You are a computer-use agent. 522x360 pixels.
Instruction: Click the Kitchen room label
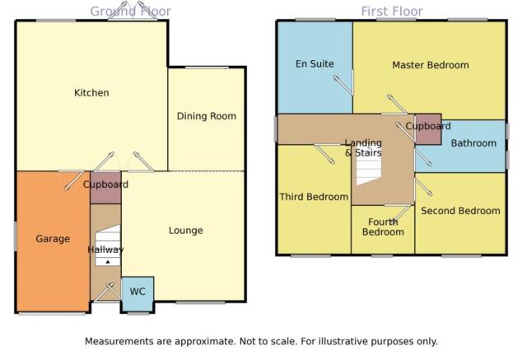click(x=91, y=92)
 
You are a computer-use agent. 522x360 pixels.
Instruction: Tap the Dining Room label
click(x=207, y=116)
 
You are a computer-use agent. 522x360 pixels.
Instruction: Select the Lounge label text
click(x=186, y=231)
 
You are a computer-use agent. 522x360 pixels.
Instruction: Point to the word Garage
click(x=53, y=239)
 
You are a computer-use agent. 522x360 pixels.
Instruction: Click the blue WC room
click(x=137, y=294)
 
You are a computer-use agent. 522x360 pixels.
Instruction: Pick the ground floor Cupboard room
click(x=105, y=188)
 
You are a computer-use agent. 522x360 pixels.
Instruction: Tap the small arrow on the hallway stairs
click(x=108, y=262)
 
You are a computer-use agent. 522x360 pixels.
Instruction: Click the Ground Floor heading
click(x=130, y=12)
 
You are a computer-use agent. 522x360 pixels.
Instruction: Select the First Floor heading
click(x=392, y=12)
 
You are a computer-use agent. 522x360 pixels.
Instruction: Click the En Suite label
click(x=315, y=63)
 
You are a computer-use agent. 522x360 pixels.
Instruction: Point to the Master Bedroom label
click(x=431, y=65)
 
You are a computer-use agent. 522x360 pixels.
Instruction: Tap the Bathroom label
click(x=473, y=143)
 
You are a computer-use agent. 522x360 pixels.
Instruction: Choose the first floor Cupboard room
click(x=428, y=129)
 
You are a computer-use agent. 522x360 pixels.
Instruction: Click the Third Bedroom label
click(x=314, y=197)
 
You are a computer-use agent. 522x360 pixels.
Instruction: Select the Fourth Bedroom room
click(x=383, y=230)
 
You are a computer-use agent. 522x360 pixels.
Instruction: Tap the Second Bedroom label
click(x=460, y=211)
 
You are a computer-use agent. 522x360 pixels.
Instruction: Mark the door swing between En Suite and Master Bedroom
click(x=344, y=85)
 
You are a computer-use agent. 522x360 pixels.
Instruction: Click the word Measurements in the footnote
click(x=128, y=341)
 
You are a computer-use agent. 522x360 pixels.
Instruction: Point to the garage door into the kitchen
click(x=75, y=180)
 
